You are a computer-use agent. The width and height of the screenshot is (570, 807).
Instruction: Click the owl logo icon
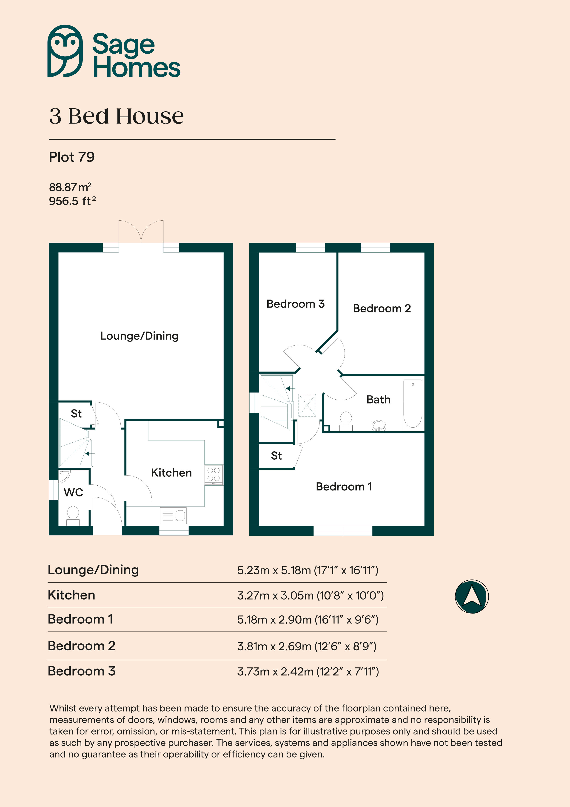tap(65, 51)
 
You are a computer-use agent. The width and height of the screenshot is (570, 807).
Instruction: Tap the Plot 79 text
tap(72, 157)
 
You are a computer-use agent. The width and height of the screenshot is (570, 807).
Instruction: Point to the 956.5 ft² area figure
tap(72, 201)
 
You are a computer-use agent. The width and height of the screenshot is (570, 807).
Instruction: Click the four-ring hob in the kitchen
tap(214, 475)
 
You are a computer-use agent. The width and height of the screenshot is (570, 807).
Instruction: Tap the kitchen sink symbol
tap(173, 516)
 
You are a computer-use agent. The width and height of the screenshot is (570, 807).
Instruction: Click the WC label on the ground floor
tap(73, 493)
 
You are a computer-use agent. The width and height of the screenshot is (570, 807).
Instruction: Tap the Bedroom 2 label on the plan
tap(382, 308)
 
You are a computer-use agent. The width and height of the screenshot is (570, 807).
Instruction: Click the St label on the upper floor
tap(276, 456)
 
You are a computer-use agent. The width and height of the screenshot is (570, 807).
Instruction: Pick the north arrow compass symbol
tap(472, 597)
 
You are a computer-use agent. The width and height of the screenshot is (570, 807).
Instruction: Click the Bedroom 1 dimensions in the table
tap(308, 620)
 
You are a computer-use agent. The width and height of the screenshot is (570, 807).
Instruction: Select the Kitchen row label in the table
tap(71, 595)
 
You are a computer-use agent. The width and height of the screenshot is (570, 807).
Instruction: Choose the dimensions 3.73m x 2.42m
tap(308, 672)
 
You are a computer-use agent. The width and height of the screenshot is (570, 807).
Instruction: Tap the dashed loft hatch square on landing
tap(307, 405)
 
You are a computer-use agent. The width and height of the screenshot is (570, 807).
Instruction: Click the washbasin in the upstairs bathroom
tap(379, 426)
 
